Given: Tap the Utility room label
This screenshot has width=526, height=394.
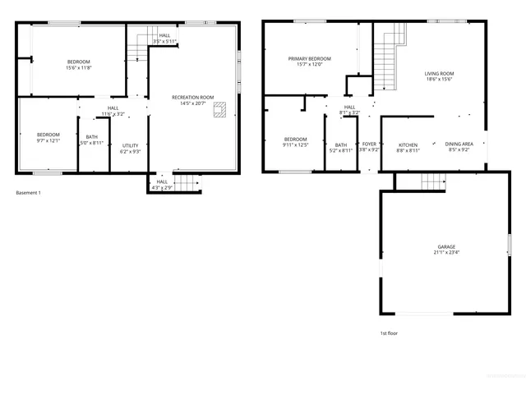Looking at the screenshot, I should click(130, 145).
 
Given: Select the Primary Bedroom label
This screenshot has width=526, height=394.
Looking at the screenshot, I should click(309, 59).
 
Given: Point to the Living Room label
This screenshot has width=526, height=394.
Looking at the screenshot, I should click(440, 74).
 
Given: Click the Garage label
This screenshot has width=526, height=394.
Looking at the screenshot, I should click(446, 246).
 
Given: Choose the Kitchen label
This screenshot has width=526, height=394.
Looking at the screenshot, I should click(408, 144).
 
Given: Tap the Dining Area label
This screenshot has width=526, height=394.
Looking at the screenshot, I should click(458, 144).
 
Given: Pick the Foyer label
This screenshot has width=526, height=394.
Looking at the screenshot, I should click(369, 144).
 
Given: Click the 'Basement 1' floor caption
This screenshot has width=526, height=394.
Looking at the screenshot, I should click(28, 193).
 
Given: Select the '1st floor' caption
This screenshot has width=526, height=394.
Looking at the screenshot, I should click(389, 332).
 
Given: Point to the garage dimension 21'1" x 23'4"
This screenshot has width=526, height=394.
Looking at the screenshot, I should click(446, 253).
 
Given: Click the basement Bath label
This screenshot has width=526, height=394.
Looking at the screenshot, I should click(91, 137).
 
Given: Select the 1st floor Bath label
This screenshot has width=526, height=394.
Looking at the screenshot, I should click(340, 144).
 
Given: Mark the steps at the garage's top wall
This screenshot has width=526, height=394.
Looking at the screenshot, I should click(433, 181).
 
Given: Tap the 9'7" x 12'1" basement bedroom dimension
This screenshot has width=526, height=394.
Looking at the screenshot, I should click(48, 140).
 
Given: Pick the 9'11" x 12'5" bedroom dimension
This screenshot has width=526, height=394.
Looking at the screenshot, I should click(295, 145).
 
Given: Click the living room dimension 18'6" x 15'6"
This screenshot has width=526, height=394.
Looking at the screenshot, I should click(440, 80).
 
